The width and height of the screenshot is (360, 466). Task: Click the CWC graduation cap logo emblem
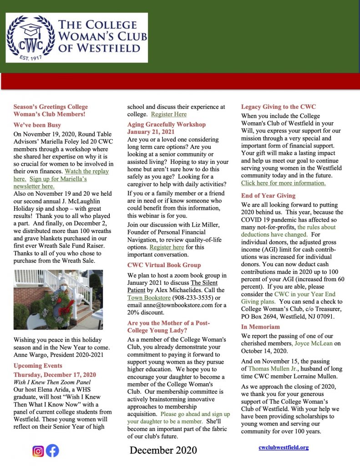pyautogui.click(x=30, y=38)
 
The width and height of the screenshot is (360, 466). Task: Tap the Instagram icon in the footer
pyautogui.click(x=38, y=451)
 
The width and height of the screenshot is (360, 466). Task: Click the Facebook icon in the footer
pyautogui.click(x=52, y=451)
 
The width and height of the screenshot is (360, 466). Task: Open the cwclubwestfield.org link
pyautogui.click(x=284, y=447)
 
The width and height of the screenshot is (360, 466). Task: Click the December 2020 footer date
pyautogui.click(x=163, y=450)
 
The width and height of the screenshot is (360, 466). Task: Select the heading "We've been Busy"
pyautogui.click(x=37, y=125)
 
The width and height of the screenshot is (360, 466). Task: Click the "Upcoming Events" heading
pyautogui.click(x=38, y=365)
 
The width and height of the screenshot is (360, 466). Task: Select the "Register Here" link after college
pyautogui.click(x=168, y=114)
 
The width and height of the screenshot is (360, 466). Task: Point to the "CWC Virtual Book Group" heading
pyautogui.click(x=164, y=265)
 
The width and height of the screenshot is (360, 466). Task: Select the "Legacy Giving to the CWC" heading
pyautogui.click(x=279, y=107)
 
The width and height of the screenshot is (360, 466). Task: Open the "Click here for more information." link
pyautogui.click(x=283, y=183)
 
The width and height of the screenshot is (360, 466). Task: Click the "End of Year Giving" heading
pyautogui.click(x=268, y=196)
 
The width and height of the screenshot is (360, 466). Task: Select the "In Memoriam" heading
pyautogui.click(x=260, y=327)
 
